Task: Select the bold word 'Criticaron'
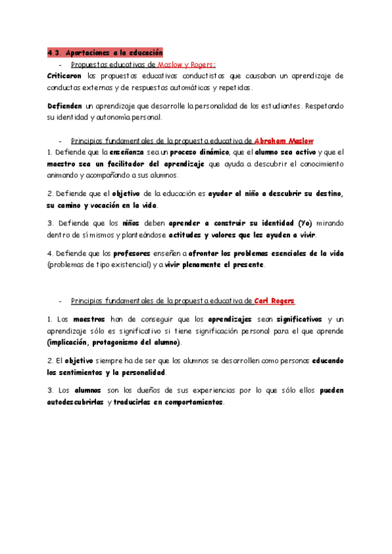pos(65,76)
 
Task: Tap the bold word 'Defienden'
pos(65,105)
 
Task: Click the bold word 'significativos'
pos(299,319)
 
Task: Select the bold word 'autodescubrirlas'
pos(75,402)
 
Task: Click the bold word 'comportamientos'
pos(185,402)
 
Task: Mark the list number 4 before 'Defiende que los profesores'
pos(50,253)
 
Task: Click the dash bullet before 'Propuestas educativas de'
pos(59,65)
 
